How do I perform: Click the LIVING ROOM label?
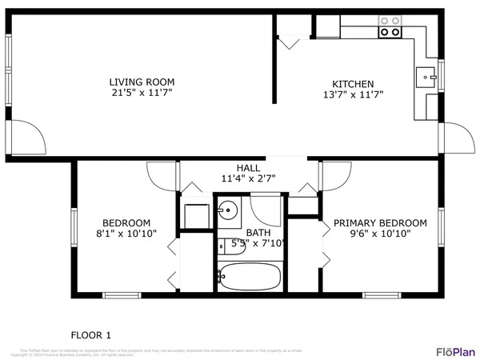pyautogui.click(x=142, y=82)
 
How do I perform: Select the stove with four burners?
pyautogui.click(x=390, y=26)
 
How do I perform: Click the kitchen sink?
pyautogui.click(x=425, y=78)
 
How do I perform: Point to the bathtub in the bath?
pyautogui.click(x=250, y=278)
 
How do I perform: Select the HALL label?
pyautogui.click(x=247, y=168)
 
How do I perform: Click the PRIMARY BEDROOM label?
pyautogui.click(x=380, y=223)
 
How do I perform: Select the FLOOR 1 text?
pyautogui.click(x=90, y=334)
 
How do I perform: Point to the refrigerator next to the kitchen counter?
pyautogui.click(x=326, y=26)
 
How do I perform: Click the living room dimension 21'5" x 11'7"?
pyautogui.click(x=142, y=94)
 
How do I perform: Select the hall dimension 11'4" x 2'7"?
pyautogui.click(x=247, y=179)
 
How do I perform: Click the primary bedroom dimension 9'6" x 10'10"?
pyautogui.click(x=380, y=234)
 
